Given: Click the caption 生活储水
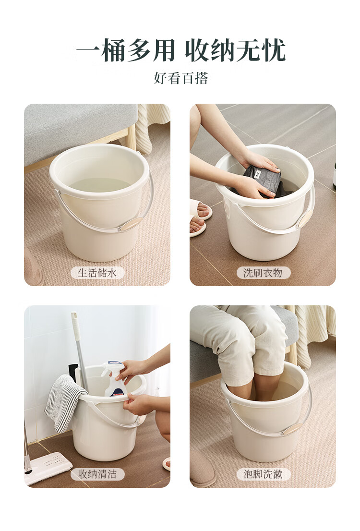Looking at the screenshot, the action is (97, 273).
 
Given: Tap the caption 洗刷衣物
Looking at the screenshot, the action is (263, 273).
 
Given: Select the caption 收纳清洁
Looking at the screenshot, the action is (97, 474).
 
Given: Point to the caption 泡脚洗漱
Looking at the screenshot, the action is (263, 474).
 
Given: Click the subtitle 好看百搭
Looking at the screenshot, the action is (181, 78).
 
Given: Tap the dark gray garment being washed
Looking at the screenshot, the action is (263, 181).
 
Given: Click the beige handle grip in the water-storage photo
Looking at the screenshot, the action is (132, 224).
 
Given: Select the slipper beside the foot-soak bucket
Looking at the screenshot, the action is (203, 472).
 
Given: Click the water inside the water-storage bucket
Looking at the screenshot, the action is (100, 185).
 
